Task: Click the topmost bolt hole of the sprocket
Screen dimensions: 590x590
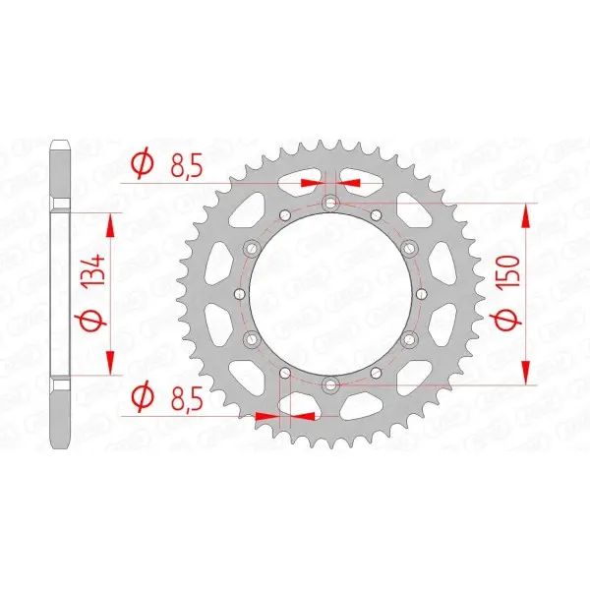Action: coord(330,204)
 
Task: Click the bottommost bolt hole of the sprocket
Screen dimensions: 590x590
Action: coord(330,383)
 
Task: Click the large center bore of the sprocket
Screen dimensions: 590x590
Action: coord(330,293)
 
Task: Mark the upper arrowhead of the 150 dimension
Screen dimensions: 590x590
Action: coord(530,215)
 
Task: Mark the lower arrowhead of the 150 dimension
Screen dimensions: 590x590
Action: coord(530,371)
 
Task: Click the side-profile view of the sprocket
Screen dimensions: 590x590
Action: coord(60,293)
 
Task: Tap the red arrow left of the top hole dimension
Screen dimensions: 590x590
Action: coord(312,183)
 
